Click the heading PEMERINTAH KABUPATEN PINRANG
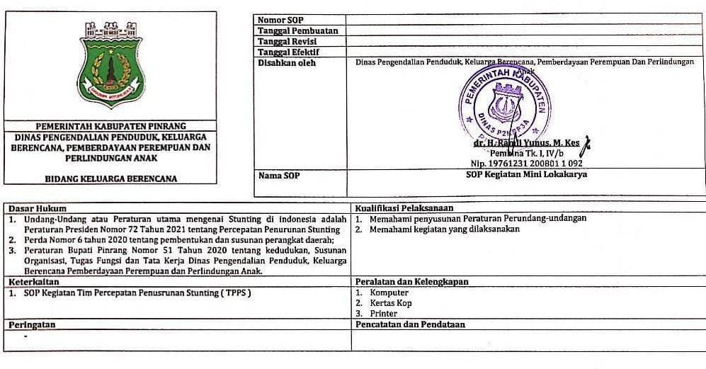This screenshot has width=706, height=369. (110, 125)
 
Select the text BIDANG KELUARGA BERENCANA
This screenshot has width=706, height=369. (110, 178)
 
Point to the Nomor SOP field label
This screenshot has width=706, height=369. (280, 20)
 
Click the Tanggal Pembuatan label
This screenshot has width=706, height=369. (297, 30)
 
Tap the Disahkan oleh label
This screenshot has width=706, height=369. (287, 62)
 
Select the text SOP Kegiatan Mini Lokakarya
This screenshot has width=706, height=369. (526, 174)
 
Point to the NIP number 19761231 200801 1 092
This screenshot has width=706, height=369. (526, 164)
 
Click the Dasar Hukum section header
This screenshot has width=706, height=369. (37, 209)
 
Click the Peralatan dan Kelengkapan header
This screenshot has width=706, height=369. (412, 281)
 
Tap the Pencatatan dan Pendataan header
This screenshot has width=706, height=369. (410, 324)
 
